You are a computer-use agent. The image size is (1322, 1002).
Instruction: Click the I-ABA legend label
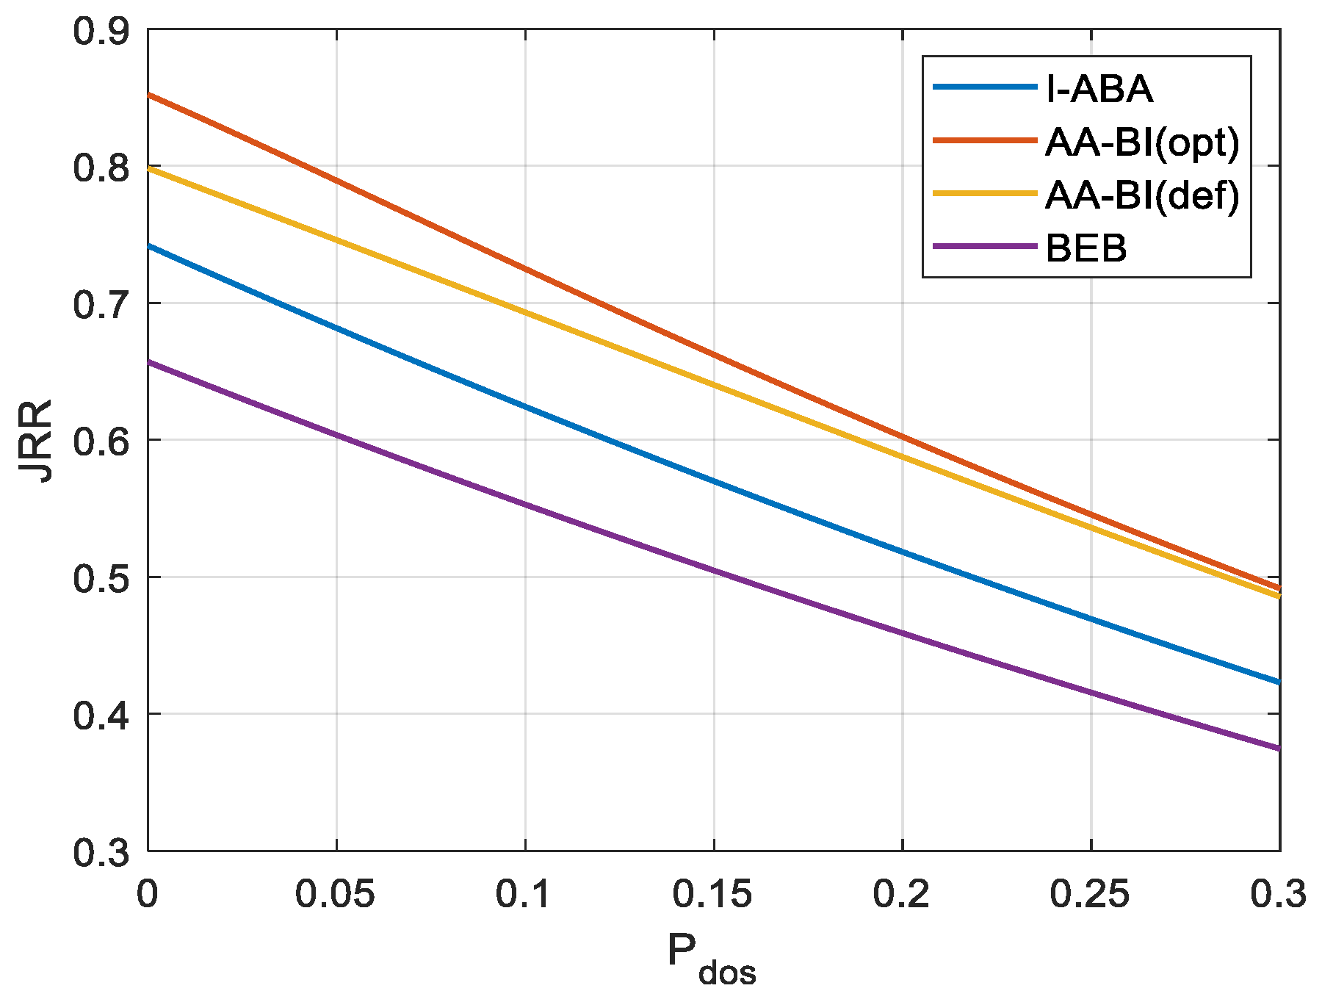(1099, 89)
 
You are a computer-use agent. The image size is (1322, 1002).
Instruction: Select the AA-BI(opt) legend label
(1142, 142)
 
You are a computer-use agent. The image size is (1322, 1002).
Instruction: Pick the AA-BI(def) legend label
(1142, 195)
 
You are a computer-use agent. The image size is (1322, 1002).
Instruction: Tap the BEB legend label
(1086, 249)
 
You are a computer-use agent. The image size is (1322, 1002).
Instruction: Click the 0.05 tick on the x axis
(336, 894)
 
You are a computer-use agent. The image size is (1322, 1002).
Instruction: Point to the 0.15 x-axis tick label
(713, 894)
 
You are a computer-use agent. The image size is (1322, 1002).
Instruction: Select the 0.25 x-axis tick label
(1091, 894)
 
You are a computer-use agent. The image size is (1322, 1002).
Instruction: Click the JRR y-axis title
(37, 440)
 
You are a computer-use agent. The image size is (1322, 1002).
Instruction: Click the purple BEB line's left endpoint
(149, 361)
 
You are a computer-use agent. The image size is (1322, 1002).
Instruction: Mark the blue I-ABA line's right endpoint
(1279, 682)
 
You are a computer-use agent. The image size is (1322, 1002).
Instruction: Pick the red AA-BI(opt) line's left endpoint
(149, 95)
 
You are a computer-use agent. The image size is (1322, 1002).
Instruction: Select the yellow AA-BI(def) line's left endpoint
(149, 168)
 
